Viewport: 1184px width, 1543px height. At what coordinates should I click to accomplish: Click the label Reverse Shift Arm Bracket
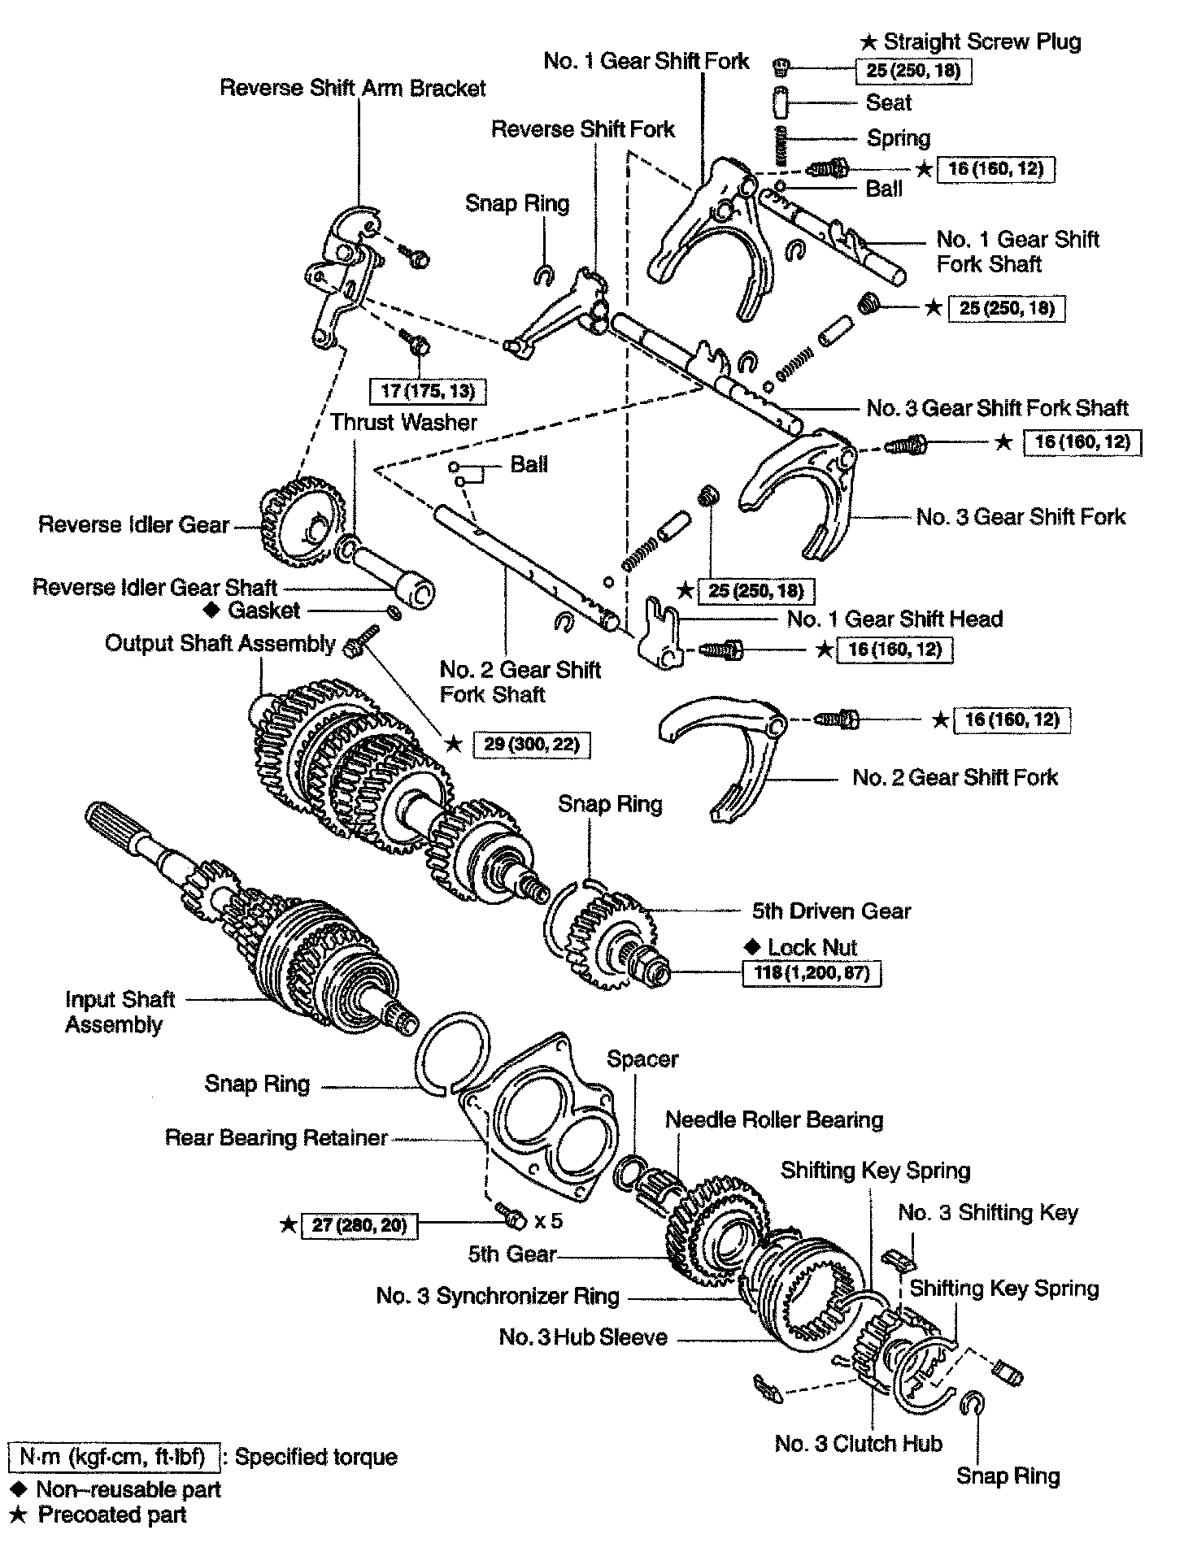click(x=353, y=88)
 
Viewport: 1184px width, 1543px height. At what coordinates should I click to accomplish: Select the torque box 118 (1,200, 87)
click(x=812, y=972)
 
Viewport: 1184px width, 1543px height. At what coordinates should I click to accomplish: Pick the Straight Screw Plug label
click(x=982, y=41)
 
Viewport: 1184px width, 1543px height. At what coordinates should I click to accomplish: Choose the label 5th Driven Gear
click(x=831, y=911)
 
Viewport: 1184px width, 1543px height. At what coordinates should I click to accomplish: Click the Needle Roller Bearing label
click(x=774, y=1119)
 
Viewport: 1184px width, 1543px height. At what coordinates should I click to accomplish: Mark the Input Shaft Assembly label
click(x=120, y=1011)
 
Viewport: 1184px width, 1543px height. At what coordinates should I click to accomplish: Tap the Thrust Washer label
click(x=403, y=422)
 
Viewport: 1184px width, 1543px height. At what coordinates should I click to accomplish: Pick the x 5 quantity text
click(x=549, y=1220)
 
